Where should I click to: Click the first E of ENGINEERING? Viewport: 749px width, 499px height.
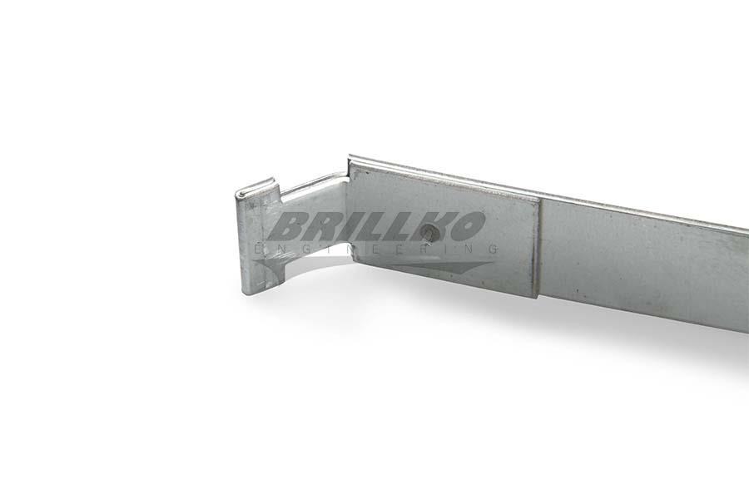point(259,249)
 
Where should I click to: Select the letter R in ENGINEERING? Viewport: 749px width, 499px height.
point(423,249)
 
